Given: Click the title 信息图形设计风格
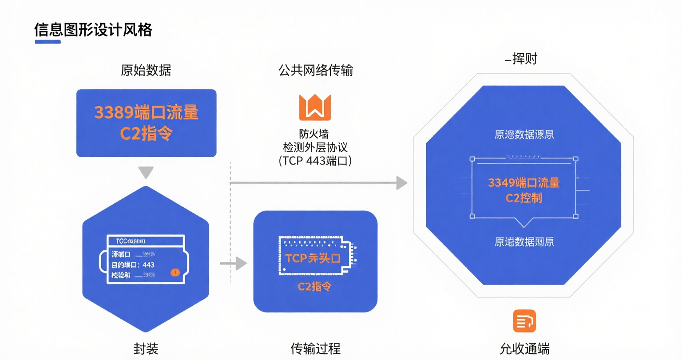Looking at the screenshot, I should (93, 30).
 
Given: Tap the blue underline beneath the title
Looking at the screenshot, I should (48, 42).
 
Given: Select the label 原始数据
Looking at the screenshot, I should (146, 70).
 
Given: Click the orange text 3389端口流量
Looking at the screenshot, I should (146, 113).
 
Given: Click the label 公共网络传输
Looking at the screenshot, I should (315, 70).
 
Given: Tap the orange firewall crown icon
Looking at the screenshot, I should (315, 107).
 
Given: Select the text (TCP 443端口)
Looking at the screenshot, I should (315, 161).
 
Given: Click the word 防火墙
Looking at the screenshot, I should (314, 134).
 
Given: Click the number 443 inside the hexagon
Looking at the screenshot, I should (148, 265).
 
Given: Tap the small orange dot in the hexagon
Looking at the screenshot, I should (175, 272).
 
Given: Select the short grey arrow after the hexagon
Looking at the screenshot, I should (234, 264).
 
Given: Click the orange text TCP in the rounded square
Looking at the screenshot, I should (296, 258).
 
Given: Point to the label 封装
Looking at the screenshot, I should (146, 349).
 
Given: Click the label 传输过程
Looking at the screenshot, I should (315, 349).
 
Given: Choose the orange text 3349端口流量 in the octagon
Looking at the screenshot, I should (524, 183).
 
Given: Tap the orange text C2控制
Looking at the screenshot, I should (524, 198).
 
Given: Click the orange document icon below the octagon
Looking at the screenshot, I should (524, 321).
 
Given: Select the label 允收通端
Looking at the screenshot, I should (524, 349).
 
